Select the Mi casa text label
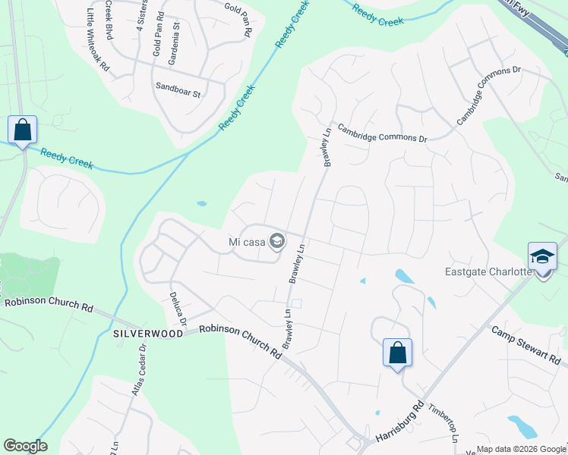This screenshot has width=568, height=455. pos(247,243)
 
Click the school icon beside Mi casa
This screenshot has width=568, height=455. pos(277,242)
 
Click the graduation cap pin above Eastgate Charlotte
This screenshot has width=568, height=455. pos(542,257)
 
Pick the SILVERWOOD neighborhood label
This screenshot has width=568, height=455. pos(148,334)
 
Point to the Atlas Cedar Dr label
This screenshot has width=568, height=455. pos(138,369)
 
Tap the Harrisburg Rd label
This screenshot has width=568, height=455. pos(399,428)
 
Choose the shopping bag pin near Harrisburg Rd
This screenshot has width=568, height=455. pos(397,353)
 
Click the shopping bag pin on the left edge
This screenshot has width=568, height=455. pos(22,130)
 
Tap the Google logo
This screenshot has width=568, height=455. pos(25,446)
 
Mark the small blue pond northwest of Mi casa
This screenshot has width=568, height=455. pos(201,203)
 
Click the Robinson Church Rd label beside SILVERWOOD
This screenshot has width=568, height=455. pos(240,341)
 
